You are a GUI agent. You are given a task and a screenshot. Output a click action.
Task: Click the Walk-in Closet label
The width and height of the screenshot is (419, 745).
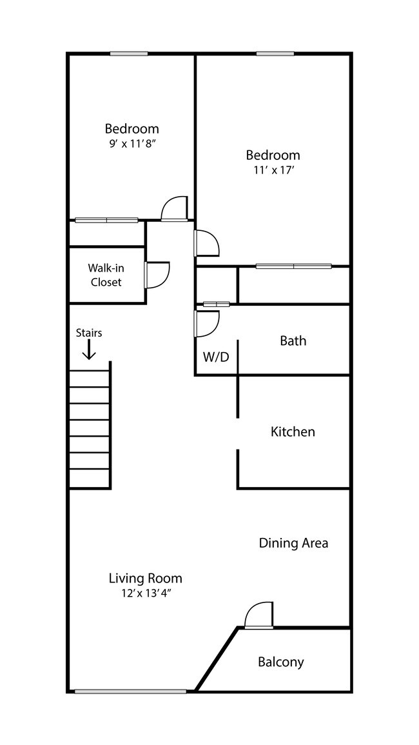pos(106,275)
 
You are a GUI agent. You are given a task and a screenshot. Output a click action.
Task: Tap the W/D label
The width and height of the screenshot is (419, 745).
pos(216,357)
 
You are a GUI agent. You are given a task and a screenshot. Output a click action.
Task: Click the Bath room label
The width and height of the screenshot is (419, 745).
pos(293,340)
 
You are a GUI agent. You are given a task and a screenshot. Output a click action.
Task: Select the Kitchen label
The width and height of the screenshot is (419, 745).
pos(293,432)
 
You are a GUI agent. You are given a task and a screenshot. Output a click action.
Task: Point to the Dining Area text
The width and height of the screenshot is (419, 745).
pos(293,542)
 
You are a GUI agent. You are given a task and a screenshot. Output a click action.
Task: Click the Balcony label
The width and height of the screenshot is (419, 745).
pos(280,661)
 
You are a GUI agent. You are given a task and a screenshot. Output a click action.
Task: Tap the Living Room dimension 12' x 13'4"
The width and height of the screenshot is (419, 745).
pos(144,593)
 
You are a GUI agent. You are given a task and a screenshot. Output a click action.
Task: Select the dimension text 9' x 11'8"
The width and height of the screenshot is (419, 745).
pos(132,143)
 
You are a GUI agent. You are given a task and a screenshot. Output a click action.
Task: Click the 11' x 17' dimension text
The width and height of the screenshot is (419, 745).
pos(273,170)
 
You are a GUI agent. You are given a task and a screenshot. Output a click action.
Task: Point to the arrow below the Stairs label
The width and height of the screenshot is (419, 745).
pos(89,349)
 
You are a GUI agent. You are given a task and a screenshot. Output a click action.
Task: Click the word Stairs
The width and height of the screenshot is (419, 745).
pos(89,333)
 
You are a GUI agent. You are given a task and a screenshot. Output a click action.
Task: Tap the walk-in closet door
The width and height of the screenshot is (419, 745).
pos(157,274)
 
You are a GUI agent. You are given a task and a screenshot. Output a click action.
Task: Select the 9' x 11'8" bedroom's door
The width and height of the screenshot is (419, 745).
pos(173,209)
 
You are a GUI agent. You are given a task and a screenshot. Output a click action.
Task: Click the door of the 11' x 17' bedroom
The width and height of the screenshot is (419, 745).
pos(206,243)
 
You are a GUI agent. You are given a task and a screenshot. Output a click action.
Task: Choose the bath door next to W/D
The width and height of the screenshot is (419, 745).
pos(206,323)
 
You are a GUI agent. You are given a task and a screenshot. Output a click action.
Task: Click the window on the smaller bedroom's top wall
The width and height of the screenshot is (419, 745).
pos(129,54)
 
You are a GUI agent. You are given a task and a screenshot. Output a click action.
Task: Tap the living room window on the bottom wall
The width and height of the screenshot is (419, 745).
pos(130,691)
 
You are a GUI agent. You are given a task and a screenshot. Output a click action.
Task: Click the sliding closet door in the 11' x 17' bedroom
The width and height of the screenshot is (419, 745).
pos(293,266)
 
